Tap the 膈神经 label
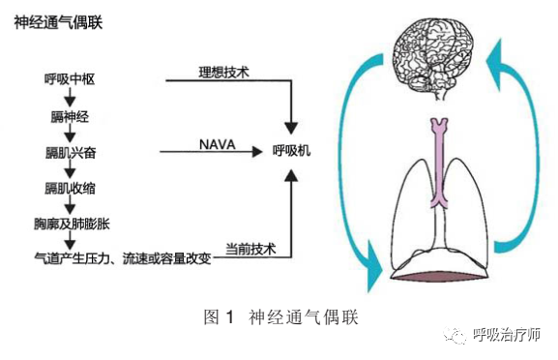[x=68, y=116]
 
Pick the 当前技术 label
[x=250, y=249]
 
